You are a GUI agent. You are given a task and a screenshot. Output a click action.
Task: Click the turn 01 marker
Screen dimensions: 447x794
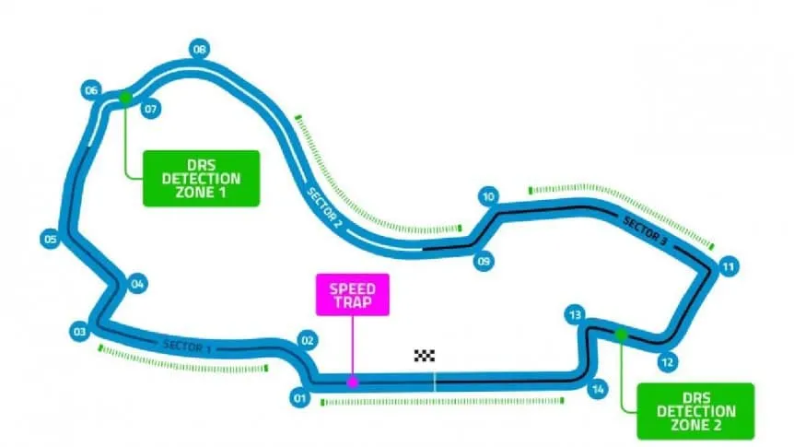pyautogui.click(x=298, y=398)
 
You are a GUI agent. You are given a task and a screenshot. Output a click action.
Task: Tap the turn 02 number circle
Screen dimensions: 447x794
pyautogui.click(x=308, y=341)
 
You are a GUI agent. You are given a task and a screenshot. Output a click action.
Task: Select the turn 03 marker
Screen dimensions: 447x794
pyautogui.click(x=80, y=331)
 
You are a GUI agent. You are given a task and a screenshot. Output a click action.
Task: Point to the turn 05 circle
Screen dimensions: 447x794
pyautogui.click(x=51, y=241)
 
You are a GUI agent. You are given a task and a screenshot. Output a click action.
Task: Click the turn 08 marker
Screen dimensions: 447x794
pyautogui.click(x=199, y=49)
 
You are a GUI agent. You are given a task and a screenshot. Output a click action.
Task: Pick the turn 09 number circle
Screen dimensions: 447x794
pyautogui.click(x=484, y=262)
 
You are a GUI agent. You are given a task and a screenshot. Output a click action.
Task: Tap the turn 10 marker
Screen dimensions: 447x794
pyautogui.click(x=488, y=196)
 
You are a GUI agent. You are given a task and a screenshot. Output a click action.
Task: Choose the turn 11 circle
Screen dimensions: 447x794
pyautogui.click(x=729, y=267)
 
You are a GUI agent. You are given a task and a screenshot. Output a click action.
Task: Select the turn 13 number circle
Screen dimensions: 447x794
pyautogui.click(x=577, y=314)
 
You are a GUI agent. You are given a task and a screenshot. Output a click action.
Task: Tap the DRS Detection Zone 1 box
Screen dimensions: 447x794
pyautogui.click(x=201, y=178)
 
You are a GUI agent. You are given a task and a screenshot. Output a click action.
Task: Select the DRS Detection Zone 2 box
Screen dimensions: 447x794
pyautogui.click(x=695, y=410)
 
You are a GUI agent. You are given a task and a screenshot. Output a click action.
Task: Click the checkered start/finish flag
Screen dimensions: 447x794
pyautogui.click(x=424, y=355)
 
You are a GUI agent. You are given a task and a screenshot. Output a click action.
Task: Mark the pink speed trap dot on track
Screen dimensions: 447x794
pyautogui.click(x=352, y=381)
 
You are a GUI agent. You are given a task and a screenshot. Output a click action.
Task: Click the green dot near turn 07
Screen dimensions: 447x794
pyautogui.click(x=124, y=95)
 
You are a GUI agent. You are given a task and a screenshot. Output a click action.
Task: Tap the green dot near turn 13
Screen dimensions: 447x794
pyautogui.click(x=621, y=334)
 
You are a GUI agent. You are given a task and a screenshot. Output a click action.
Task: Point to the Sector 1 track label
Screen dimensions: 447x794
pyautogui.click(x=187, y=347)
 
